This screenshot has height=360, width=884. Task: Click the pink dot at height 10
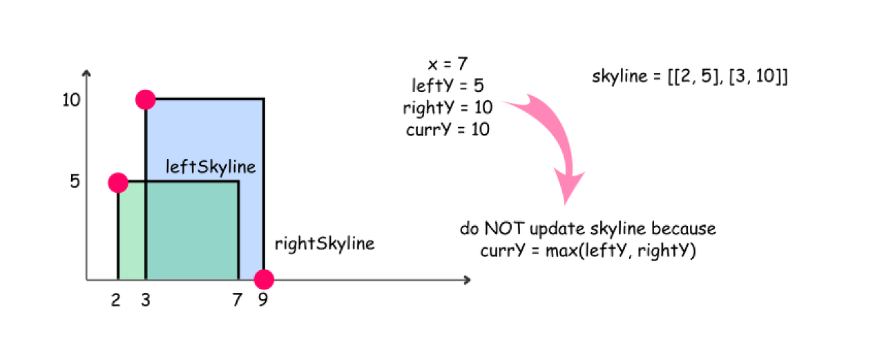tap(145, 100)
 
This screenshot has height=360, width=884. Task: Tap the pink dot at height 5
tap(118, 182)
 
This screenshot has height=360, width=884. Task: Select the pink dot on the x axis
tap(264, 279)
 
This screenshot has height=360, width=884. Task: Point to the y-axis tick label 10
tap(71, 100)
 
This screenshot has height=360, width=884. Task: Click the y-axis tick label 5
tap(75, 182)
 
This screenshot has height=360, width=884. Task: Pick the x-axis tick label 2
tap(115, 301)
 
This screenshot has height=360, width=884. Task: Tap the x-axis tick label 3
tap(144, 301)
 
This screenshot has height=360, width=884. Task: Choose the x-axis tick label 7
tap(237, 301)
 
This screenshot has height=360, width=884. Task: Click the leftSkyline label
tap(211, 167)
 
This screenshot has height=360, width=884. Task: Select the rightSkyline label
tap(325, 243)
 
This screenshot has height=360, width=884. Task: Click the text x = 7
tap(448, 64)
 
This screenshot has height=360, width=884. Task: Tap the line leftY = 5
tap(448, 86)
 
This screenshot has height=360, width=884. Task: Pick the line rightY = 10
tap(448, 108)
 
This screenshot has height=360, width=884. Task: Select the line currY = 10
tap(448, 129)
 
